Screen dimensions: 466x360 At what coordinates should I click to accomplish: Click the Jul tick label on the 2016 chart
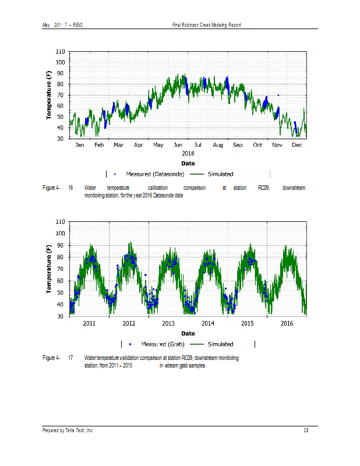click(x=198, y=144)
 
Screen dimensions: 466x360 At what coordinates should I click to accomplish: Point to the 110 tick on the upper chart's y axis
click(x=61, y=52)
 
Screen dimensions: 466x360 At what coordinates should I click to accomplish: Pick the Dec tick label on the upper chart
click(x=297, y=144)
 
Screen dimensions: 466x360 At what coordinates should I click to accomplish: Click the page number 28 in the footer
click(x=306, y=430)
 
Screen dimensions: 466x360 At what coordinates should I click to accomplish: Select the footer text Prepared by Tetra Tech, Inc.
click(x=68, y=430)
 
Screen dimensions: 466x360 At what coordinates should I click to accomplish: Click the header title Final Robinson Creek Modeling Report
click(x=207, y=24)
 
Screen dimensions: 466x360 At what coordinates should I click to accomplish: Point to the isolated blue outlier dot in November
click(x=278, y=95)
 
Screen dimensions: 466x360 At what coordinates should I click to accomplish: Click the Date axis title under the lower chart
click(x=188, y=333)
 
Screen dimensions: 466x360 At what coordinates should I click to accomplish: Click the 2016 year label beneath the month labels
click(x=188, y=153)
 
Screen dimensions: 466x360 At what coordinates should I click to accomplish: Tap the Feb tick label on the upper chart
click(x=99, y=144)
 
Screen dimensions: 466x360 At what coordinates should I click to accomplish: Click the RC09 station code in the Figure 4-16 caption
click(x=256, y=188)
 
